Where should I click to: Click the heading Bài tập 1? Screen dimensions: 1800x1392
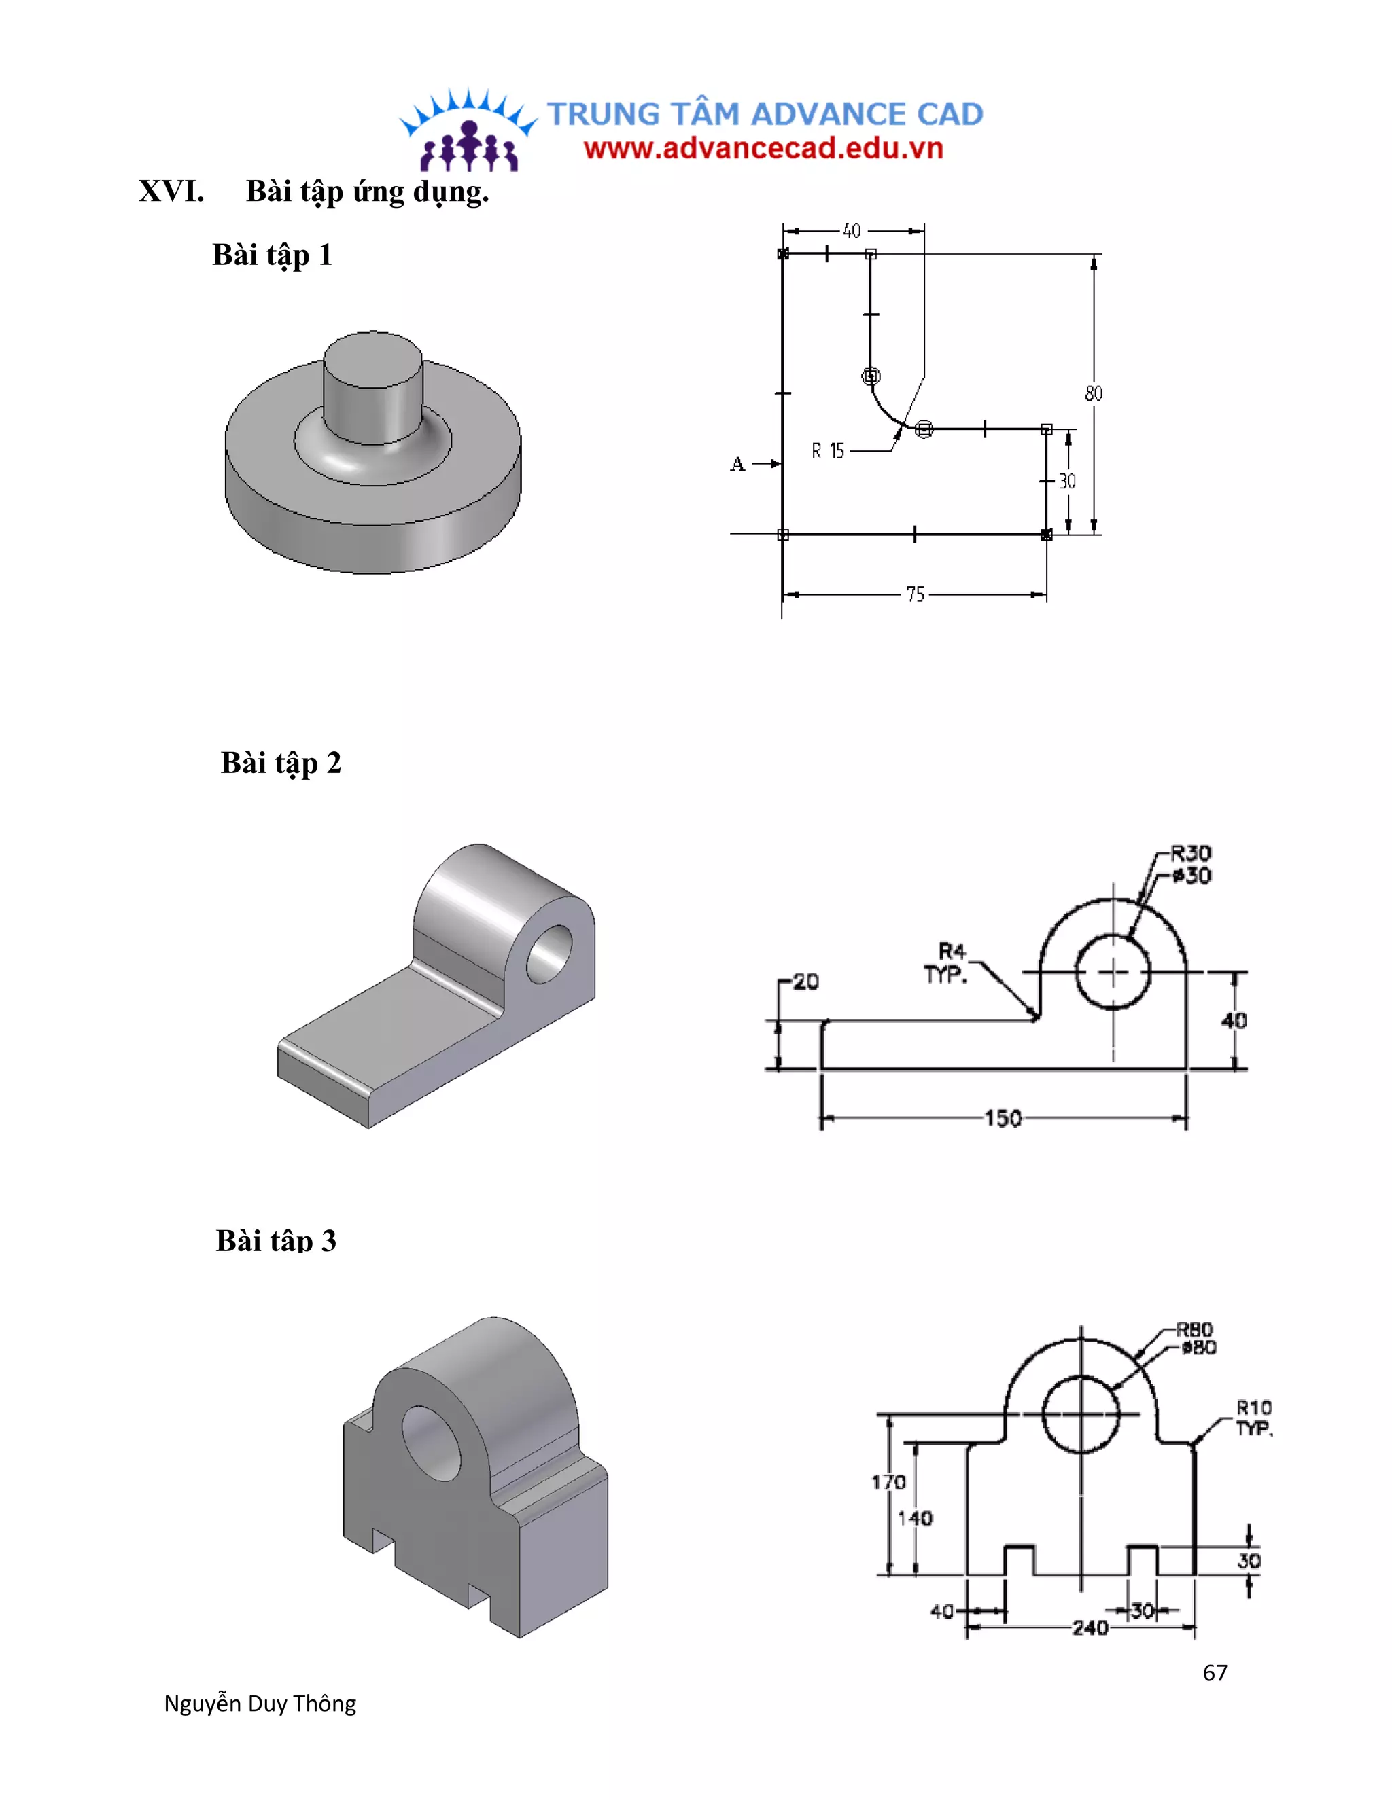pos(272,255)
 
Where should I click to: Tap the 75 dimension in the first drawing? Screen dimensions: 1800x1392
pos(915,594)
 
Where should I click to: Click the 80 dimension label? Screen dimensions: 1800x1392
pos(1093,393)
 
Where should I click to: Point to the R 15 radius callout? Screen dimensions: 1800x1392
pos(828,451)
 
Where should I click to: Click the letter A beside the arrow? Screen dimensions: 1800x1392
pos(737,464)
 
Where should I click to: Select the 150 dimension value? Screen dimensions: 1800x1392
pos(1002,1119)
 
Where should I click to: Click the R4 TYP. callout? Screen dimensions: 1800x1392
pos(947,962)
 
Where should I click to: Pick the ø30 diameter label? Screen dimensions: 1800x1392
pos(1192,876)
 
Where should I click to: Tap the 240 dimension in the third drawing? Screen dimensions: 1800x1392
pos(1090,1627)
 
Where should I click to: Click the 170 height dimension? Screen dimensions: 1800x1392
pos(889,1482)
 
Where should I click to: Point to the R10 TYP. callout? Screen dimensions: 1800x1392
pos(1253,1417)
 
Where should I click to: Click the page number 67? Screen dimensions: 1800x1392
pos(1215,1672)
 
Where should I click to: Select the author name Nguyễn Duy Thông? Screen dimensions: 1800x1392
pos(260,1704)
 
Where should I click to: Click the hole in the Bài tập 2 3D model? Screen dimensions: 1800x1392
pos(549,954)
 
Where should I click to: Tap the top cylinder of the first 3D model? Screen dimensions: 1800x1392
pos(372,387)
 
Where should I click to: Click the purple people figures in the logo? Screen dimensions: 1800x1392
pos(468,148)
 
